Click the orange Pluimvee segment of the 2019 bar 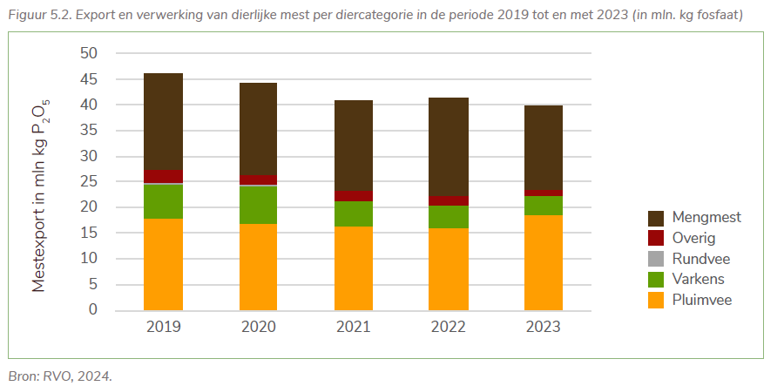click(x=163, y=264)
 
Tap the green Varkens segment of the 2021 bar click(x=353, y=213)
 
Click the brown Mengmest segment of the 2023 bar click(x=543, y=147)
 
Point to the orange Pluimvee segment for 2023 click(x=543, y=262)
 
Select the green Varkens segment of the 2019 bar click(x=163, y=201)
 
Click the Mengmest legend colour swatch click(x=657, y=217)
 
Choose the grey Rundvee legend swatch click(x=657, y=259)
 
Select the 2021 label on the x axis click(x=353, y=328)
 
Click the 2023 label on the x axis click(x=543, y=328)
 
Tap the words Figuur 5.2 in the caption click(x=37, y=16)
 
